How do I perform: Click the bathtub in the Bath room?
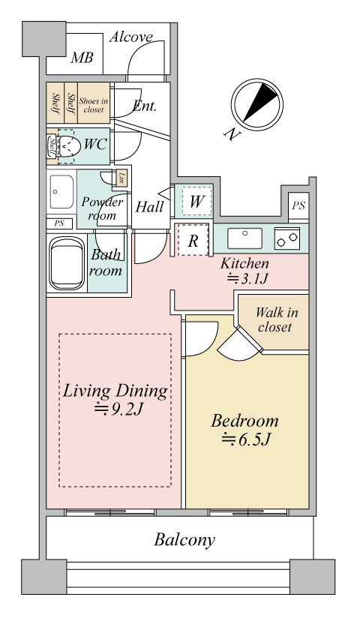[x=67, y=263]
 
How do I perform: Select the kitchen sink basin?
[x=244, y=238]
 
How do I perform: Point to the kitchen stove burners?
[x=287, y=238]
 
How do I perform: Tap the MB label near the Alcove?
[x=82, y=58]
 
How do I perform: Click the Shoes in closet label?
[x=94, y=105]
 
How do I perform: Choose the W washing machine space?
[x=195, y=201]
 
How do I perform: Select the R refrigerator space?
[x=193, y=240]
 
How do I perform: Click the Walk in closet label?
[x=276, y=319]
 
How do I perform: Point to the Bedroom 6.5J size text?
[x=247, y=439]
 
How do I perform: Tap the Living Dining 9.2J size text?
[x=118, y=409]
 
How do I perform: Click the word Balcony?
[x=184, y=540]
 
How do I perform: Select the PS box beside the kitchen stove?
[x=298, y=205]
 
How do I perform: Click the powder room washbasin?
[x=61, y=192]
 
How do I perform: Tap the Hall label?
[x=149, y=206]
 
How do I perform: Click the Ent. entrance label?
[x=145, y=106]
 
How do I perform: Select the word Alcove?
[x=130, y=37]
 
